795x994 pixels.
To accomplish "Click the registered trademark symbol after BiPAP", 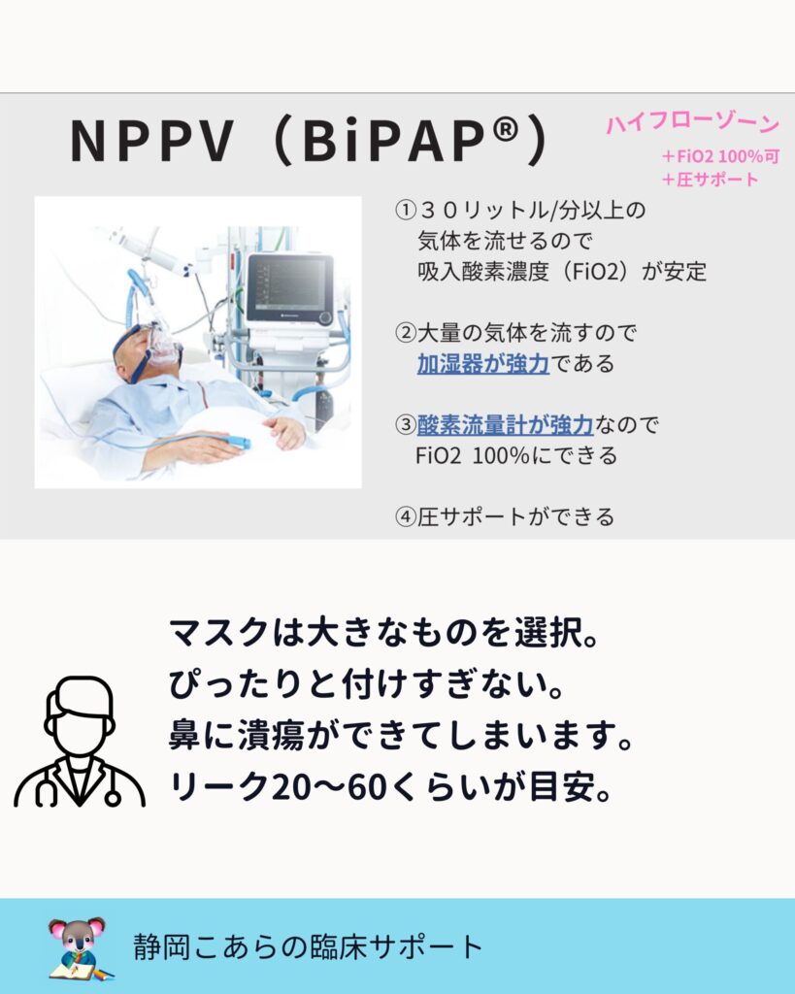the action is coord(506,130).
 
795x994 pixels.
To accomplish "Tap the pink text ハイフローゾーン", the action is coord(692,123).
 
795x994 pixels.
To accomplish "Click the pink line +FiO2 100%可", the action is coord(720,156).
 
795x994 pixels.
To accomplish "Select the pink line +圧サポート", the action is coord(710,180).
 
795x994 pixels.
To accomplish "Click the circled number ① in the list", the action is coord(405,210).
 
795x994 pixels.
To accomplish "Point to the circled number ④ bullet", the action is coord(405,517).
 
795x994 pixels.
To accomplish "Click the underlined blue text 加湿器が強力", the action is coord(483,363).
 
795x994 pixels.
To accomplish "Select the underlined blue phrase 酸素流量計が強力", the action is coord(506,425).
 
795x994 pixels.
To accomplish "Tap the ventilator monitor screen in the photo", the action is coord(289,287).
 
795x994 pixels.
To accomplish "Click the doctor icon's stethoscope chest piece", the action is coord(113,798).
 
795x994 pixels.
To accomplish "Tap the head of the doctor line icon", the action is coord(80,715).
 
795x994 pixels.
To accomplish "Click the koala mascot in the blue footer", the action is coord(79,947).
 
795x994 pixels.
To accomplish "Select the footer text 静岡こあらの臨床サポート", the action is coord(308,947).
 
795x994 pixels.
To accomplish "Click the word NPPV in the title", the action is coord(152,140).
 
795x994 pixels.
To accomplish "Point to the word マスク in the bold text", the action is coord(219,633).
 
